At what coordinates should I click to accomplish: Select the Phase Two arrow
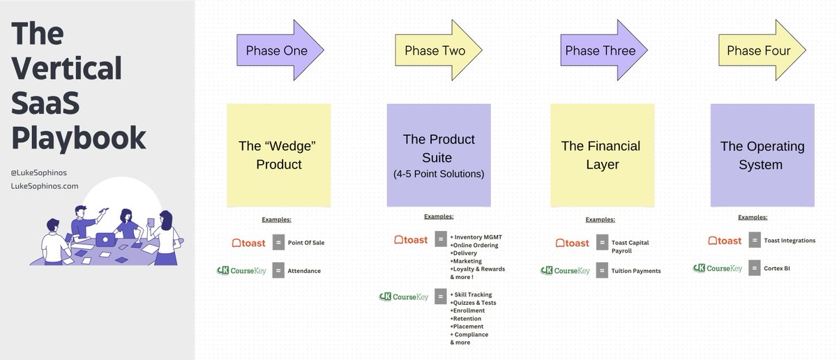(436, 50)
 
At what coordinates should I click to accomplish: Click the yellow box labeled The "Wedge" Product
(279, 155)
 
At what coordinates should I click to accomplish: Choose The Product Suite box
(438, 155)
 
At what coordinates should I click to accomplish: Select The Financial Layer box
(601, 155)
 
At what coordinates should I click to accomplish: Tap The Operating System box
(762, 155)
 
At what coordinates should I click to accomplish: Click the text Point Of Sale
(306, 243)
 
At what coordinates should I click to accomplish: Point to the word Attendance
(304, 271)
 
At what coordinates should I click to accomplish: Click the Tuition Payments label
(635, 271)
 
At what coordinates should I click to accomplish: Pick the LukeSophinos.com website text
(45, 186)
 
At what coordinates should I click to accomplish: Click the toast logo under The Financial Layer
(573, 243)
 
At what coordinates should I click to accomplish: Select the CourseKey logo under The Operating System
(718, 268)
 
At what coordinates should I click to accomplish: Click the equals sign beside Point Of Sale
(278, 243)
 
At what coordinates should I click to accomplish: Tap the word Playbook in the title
(78, 136)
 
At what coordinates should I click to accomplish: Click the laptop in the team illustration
(106, 239)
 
